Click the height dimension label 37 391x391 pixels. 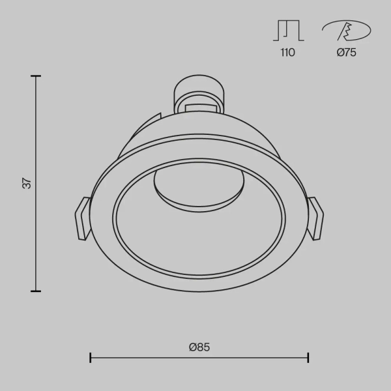pyautogui.click(x=27, y=183)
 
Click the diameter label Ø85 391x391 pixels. pyautogui.click(x=199, y=347)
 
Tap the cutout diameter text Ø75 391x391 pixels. pyautogui.click(x=346, y=53)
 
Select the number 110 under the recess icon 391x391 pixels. pyautogui.click(x=287, y=53)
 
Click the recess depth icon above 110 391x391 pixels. pyautogui.click(x=288, y=31)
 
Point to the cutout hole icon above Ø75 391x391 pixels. pyautogui.click(x=346, y=30)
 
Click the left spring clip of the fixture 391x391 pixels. pyautogui.click(x=82, y=218)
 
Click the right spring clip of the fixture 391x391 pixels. pyautogui.click(x=315, y=218)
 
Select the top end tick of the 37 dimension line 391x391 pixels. pyautogui.click(x=36, y=76)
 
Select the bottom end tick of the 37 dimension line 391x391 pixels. pyautogui.click(x=36, y=291)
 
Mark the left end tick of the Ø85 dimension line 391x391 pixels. pyautogui.click(x=91, y=357)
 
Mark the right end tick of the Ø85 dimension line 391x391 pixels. pyautogui.click(x=308, y=357)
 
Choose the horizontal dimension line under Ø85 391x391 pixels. pyautogui.click(x=199, y=357)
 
